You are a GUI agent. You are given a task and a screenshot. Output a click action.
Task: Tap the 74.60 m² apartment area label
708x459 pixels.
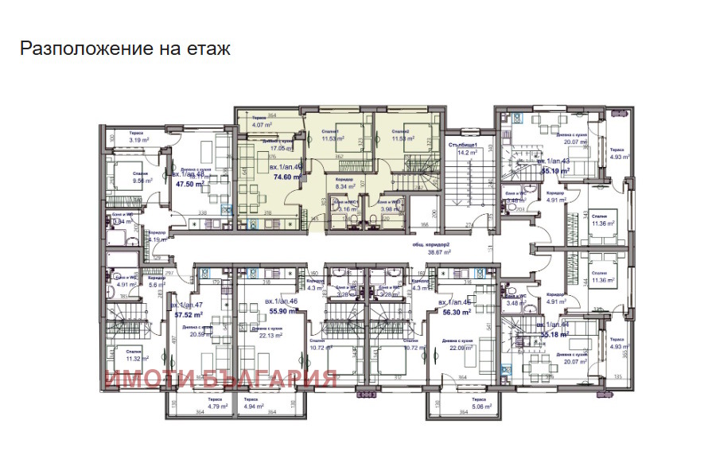(283, 178)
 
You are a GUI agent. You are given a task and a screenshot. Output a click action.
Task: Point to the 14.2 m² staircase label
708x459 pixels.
(461, 154)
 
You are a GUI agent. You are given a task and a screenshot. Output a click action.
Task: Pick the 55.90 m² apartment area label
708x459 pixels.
(283, 312)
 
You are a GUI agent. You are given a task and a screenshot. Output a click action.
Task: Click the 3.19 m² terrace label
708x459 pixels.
(140, 141)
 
